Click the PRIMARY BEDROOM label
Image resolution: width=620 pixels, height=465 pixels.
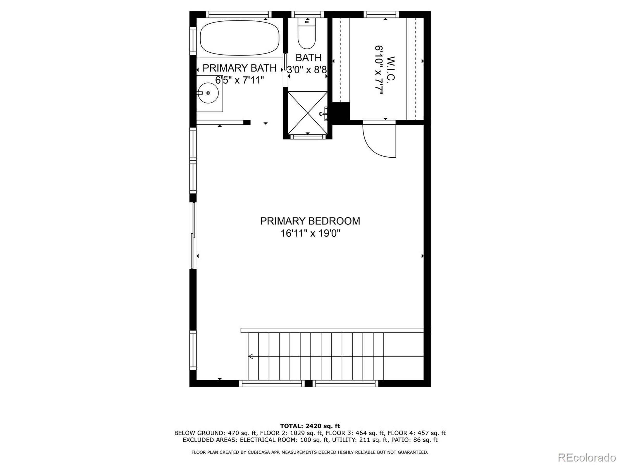pyautogui.click(x=310, y=221)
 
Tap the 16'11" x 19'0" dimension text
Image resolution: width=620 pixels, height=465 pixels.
pyautogui.click(x=310, y=233)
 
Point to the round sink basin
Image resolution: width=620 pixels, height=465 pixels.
pyautogui.click(x=208, y=93)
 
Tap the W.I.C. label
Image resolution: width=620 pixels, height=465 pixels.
pyautogui.click(x=390, y=69)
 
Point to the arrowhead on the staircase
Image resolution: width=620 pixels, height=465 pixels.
pyautogui.click(x=251, y=356)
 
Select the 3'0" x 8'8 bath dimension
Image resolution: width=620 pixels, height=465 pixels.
pyautogui.click(x=307, y=70)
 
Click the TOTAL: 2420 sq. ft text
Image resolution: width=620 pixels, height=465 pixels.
pyautogui.click(x=310, y=426)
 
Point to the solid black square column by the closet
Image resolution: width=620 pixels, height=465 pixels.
pyautogui.click(x=341, y=111)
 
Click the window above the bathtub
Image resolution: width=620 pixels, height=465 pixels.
pyautogui.click(x=239, y=14)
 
